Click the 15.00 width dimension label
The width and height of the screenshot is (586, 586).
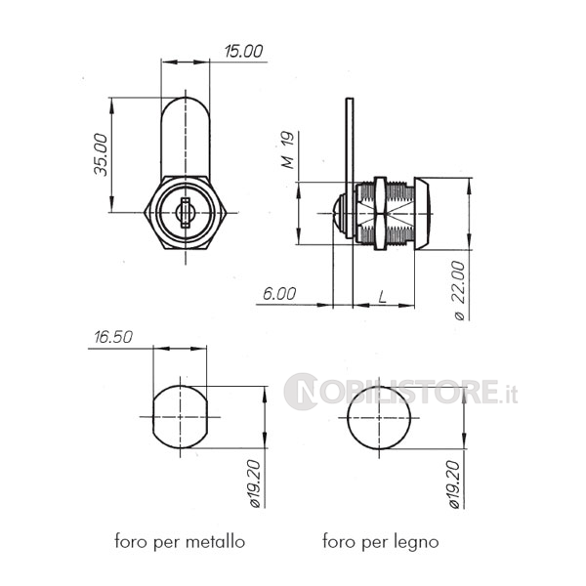(243, 51)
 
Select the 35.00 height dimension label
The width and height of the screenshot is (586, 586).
(101, 154)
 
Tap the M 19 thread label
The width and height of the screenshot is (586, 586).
(288, 149)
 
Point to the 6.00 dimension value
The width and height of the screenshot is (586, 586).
(279, 294)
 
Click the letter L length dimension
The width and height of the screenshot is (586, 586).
(382, 297)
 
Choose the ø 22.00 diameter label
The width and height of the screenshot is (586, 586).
(459, 290)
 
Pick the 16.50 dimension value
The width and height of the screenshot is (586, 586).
(113, 337)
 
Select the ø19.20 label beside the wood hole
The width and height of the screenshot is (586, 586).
(454, 484)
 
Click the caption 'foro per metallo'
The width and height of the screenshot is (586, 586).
(180, 541)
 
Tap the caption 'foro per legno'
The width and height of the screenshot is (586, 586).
(381, 541)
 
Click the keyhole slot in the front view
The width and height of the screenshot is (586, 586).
(186, 213)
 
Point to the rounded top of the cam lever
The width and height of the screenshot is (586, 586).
(186, 99)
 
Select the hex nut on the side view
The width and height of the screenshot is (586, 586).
(380, 213)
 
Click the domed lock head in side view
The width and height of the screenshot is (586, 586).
(422, 214)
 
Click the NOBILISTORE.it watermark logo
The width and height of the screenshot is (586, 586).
(400, 392)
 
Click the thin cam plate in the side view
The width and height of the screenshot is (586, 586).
(350, 168)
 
